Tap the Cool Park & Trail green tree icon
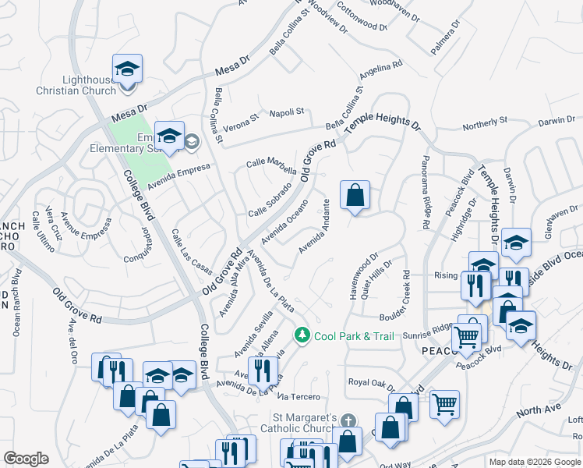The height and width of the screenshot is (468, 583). (303, 335)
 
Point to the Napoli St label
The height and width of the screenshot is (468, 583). (286, 113)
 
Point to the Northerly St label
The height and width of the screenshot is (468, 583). (485, 122)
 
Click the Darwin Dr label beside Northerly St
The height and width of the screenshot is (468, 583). (556, 120)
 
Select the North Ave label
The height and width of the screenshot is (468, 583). (539, 410)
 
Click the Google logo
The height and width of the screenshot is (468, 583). (26, 459)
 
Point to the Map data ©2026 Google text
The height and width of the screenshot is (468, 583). (534, 462)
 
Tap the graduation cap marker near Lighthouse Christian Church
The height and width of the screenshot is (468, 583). (125, 70)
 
